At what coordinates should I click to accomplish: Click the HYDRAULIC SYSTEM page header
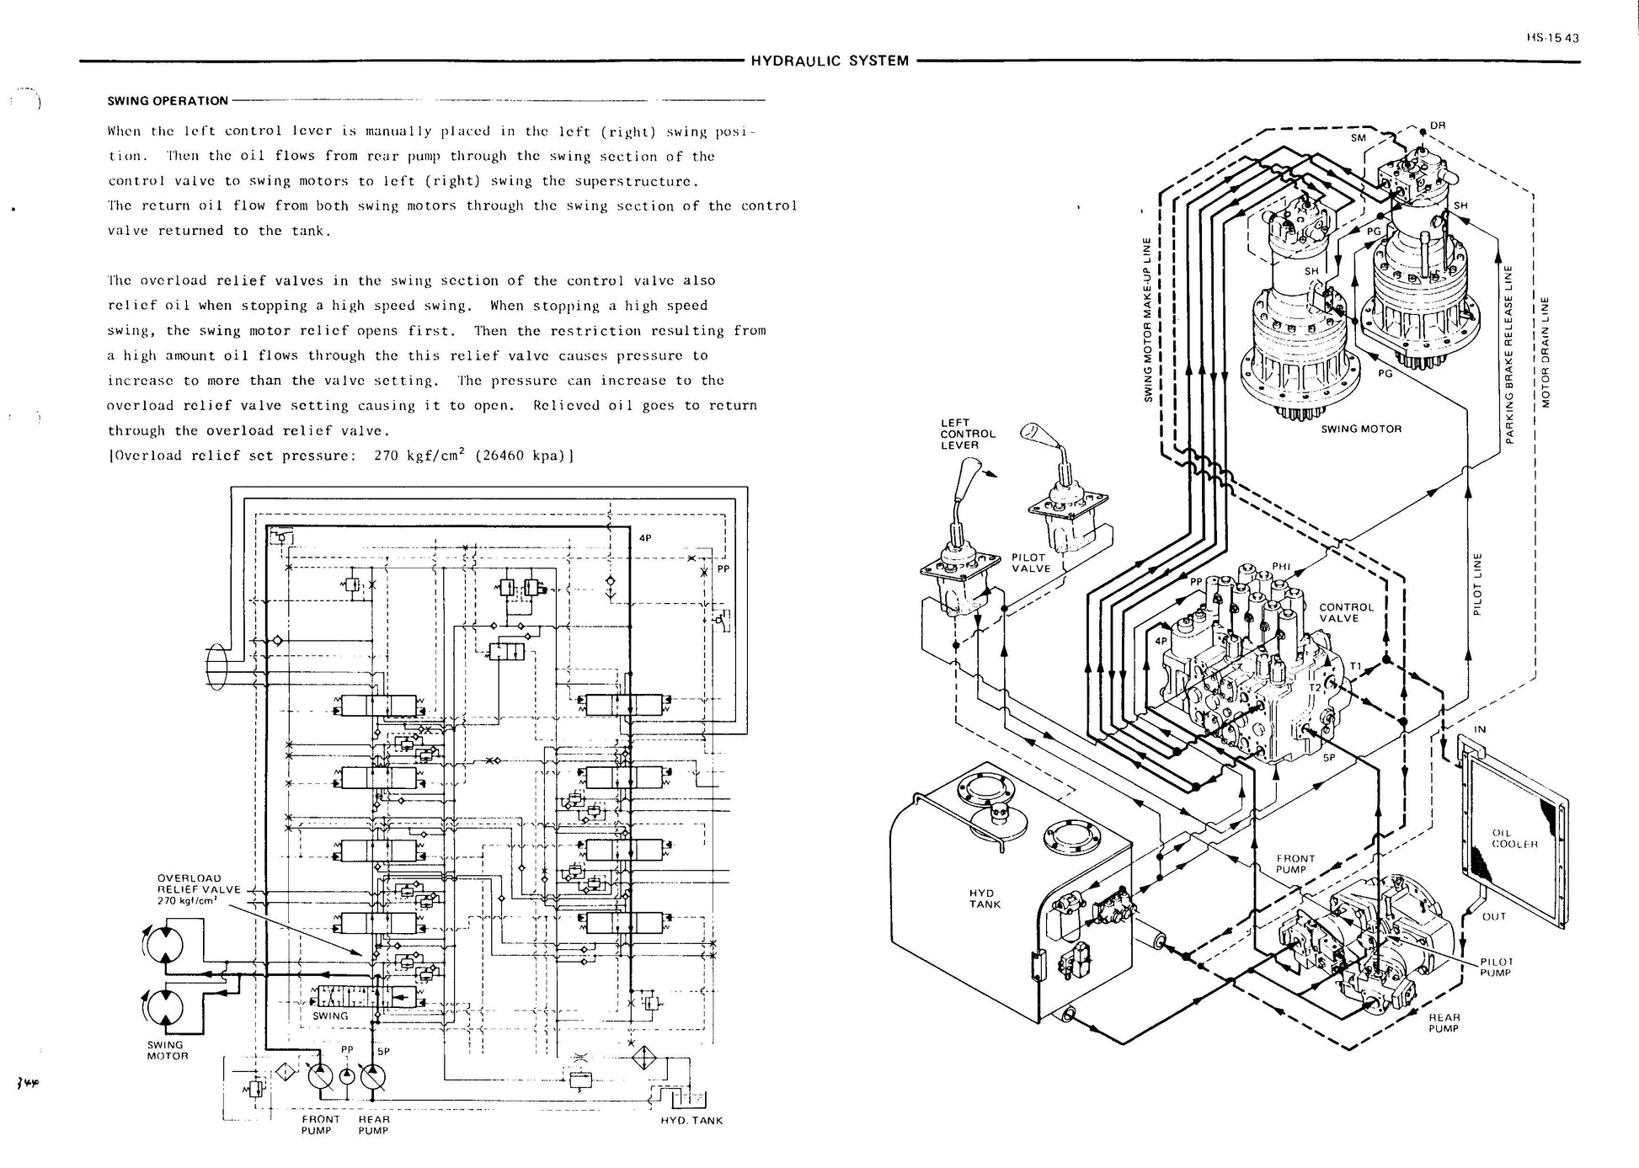[829, 61]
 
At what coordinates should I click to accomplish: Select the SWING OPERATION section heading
[168, 101]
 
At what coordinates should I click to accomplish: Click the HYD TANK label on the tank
[985, 899]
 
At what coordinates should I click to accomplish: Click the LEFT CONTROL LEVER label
[968, 434]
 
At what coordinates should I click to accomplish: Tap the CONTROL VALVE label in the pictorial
[1346, 612]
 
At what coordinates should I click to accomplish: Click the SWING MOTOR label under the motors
[1360, 429]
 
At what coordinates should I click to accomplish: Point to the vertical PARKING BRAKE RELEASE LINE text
[1509, 355]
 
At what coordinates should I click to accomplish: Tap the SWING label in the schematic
[330, 1016]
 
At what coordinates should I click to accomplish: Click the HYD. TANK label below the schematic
[691, 1120]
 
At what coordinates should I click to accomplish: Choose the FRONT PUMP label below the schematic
[320, 1124]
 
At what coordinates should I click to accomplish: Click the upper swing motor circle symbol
[163, 943]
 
